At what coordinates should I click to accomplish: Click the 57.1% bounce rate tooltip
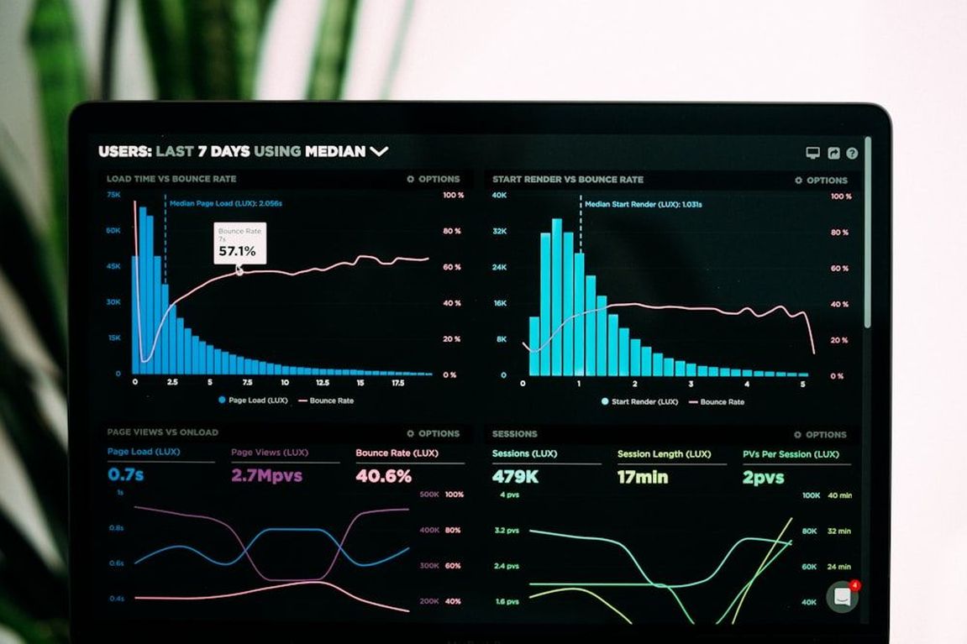239,243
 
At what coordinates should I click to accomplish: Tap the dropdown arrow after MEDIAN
379,152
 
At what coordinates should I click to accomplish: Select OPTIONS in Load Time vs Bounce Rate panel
434,179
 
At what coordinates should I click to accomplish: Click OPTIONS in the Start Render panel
822,181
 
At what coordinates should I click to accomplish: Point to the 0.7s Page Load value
125,475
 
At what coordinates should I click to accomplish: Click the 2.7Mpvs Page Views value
266,476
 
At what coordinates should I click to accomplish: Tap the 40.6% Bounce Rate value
383,476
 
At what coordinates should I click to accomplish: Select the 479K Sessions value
515,477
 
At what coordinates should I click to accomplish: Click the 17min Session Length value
643,477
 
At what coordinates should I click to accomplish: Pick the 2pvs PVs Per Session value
763,478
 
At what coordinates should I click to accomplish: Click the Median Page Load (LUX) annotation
225,203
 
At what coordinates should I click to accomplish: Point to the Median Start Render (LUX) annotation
643,204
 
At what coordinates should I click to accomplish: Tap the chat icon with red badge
842,596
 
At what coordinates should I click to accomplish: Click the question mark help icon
852,154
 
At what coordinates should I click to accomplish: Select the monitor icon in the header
812,154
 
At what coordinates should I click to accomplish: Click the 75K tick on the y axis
113,195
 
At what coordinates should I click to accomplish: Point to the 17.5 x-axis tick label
397,382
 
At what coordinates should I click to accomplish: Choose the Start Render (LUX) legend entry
639,402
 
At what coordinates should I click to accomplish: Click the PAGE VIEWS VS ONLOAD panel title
162,432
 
